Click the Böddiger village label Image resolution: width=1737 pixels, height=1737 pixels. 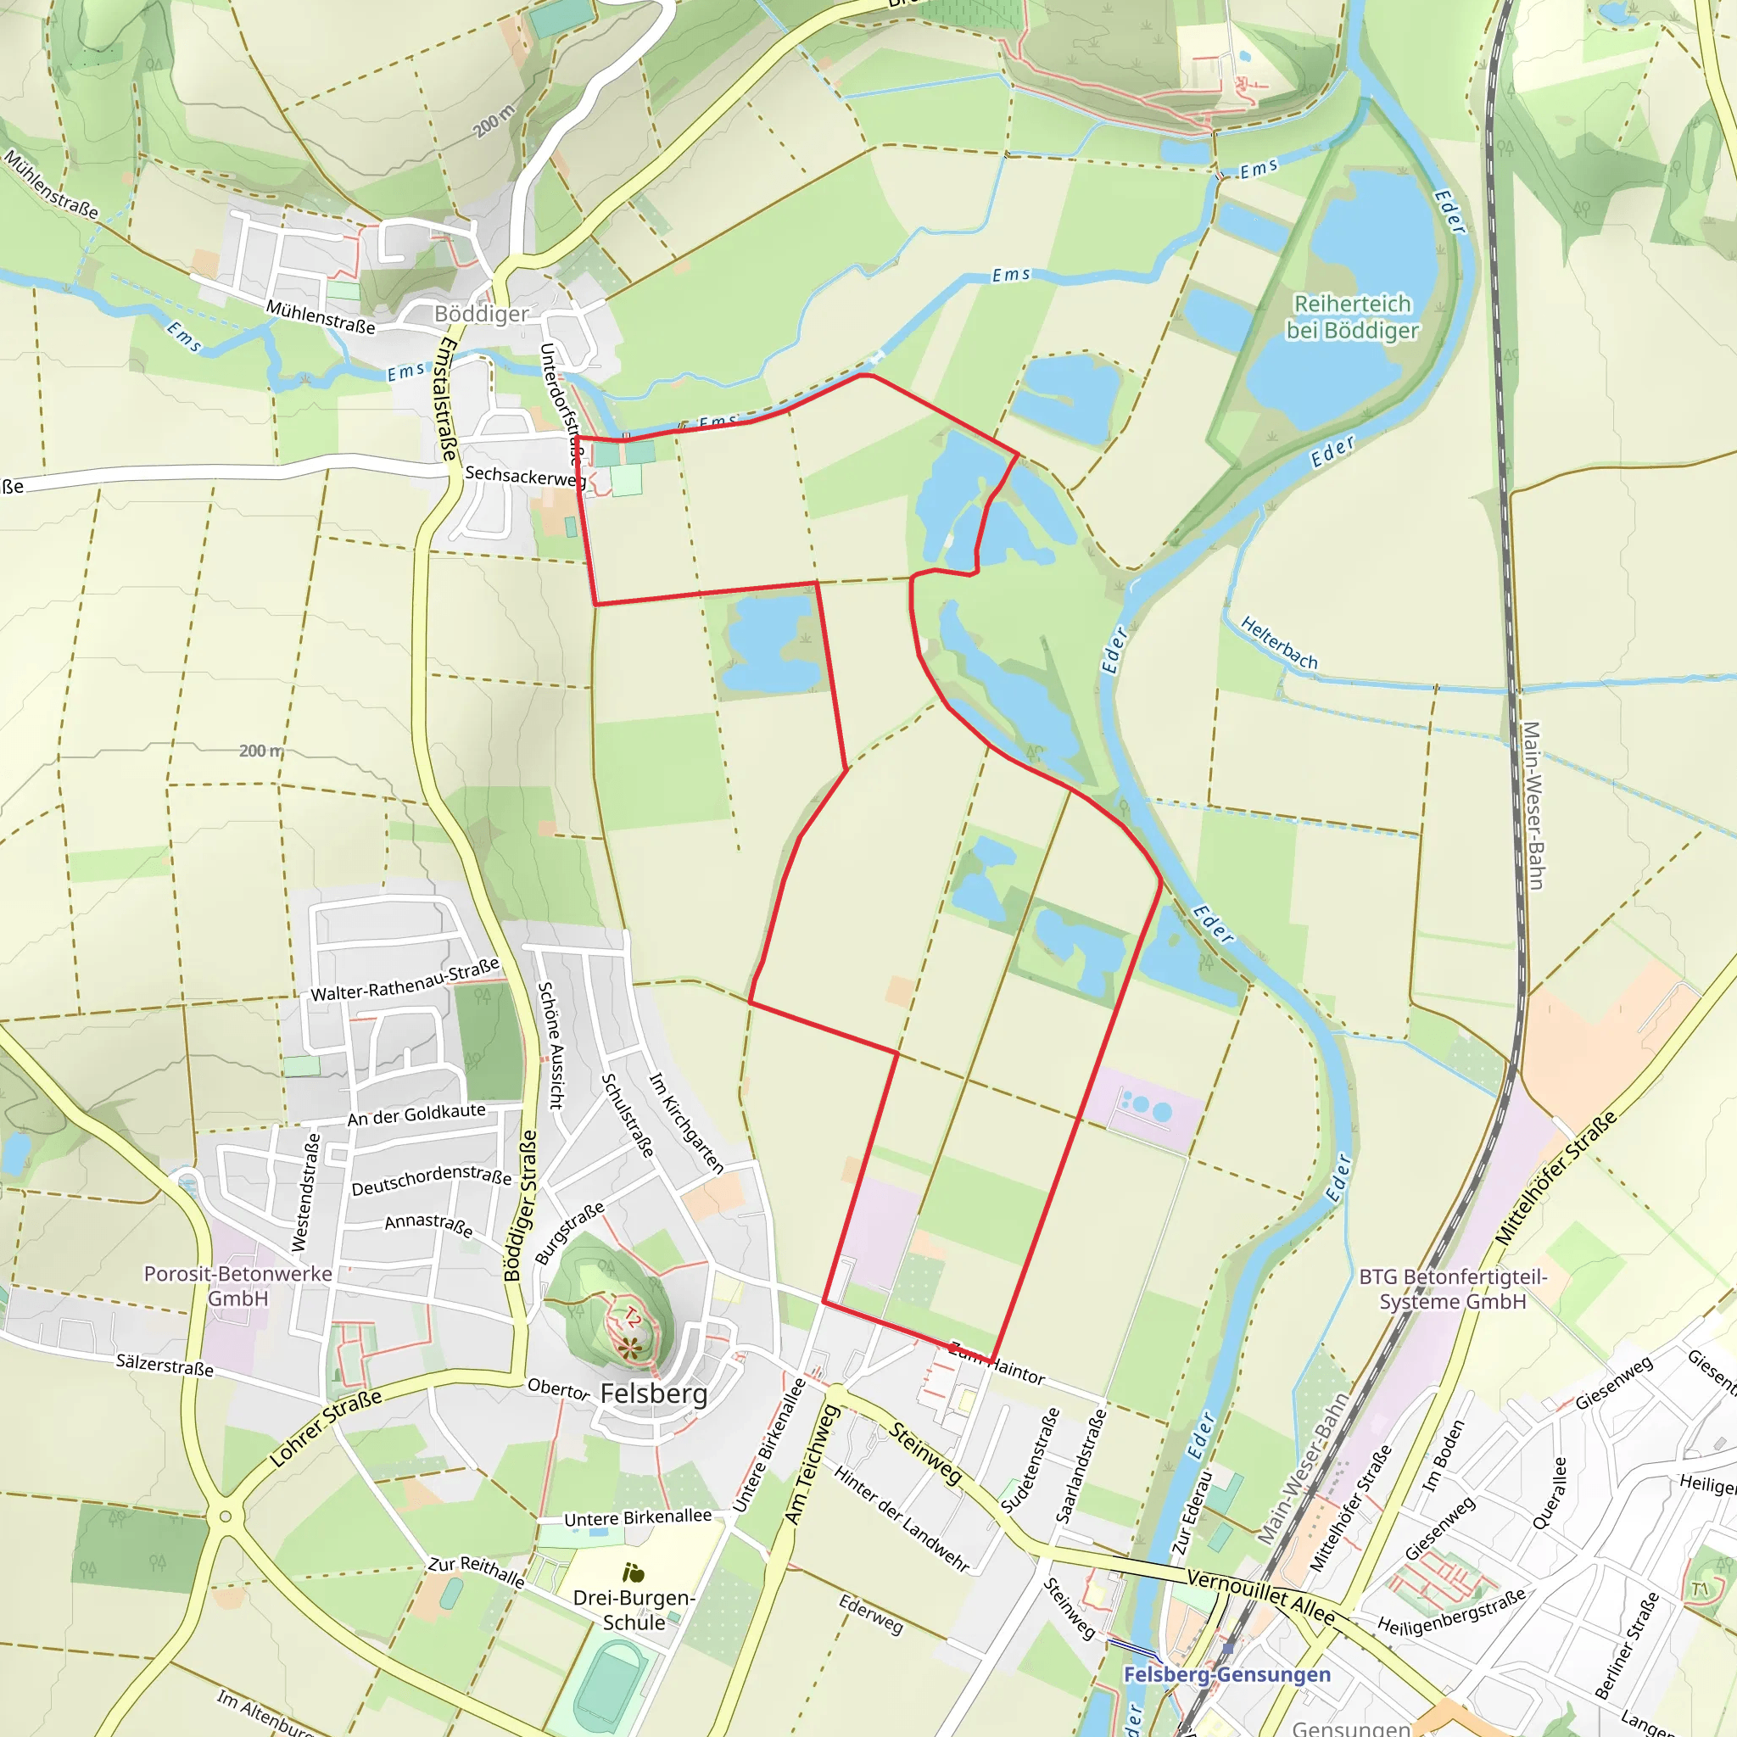tap(481, 314)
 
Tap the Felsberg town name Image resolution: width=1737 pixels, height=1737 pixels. tap(654, 1394)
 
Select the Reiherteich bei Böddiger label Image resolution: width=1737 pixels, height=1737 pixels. tap(1352, 316)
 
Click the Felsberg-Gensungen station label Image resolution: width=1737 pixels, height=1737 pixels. tap(1226, 1674)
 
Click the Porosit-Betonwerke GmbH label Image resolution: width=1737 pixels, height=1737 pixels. tap(238, 1286)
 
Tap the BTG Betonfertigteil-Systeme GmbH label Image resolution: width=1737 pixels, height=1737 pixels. tap(1453, 1289)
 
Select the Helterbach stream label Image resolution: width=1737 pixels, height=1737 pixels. tap(1278, 643)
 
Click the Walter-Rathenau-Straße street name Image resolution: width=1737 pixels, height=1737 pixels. tap(405, 980)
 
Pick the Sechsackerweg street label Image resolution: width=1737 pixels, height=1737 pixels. tap(525, 476)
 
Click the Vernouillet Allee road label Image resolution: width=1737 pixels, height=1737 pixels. tap(1260, 1596)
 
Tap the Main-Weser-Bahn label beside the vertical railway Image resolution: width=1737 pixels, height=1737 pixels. tap(1532, 805)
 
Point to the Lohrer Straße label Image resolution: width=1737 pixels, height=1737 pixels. tap(326, 1427)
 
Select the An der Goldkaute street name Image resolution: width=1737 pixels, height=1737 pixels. tap(416, 1114)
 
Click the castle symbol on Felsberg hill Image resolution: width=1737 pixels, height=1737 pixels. tap(630, 1347)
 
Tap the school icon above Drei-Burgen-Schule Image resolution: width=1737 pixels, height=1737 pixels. tap(633, 1572)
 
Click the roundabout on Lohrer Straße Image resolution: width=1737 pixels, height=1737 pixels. tap(225, 1516)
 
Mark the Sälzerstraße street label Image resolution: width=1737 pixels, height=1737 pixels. tap(165, 1366)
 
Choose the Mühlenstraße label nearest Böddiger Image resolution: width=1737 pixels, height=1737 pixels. tap(320, 316)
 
